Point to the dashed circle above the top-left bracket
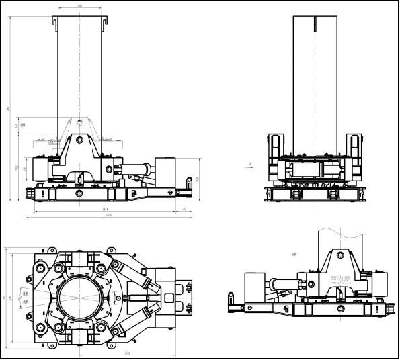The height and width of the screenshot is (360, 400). [x=80, y=122]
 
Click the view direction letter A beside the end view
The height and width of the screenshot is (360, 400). [x=250, y=163]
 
